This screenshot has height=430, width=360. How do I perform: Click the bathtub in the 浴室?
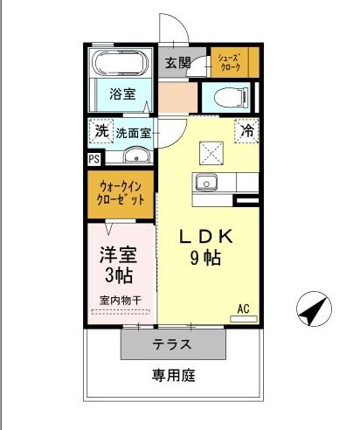click(x=120, y=63)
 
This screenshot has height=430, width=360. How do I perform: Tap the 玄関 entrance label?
click(x=178, y=63)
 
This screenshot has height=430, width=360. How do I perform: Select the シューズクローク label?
click(x=231, y=62)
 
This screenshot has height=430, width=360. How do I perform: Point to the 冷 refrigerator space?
click(x=246, y=131)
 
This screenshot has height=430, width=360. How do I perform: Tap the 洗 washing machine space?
click(x=101, y=131)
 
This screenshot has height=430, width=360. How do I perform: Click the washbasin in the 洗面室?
click(x=137, y=156)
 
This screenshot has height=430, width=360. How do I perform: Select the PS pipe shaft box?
click(x=94, y=159)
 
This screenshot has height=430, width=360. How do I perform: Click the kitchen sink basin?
click(x=206, y=183)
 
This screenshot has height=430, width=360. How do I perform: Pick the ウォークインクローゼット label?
click(x=121, y=193)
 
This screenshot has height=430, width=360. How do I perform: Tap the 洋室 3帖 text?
click(x=118, y=265)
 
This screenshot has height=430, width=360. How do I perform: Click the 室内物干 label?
click(x=121, y=301)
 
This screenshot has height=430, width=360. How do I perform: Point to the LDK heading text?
click(x=206, y=237)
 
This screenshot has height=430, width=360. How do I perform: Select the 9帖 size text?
click(x=205, y=258)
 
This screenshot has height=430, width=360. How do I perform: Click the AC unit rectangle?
click(x=244, y=319)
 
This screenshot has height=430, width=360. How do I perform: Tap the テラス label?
click(x=172, y=344)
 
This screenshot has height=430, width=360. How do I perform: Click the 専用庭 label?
click(x=174, y=375)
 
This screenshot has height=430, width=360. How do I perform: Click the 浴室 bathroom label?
click(x=122, y=94)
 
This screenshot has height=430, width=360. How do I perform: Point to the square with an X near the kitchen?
click(x=211, y=153)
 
